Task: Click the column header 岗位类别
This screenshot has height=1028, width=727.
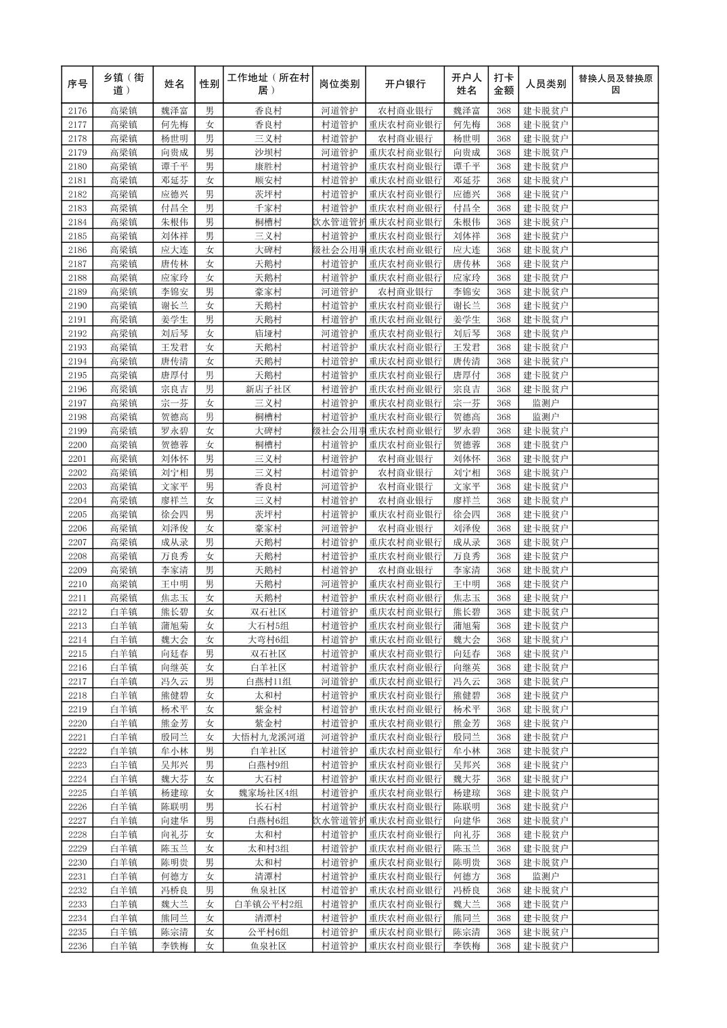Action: (x=339, y=85)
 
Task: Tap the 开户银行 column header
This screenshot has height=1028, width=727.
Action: (x=405, y=85)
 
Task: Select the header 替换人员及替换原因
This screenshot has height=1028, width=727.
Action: (x=615, y=85)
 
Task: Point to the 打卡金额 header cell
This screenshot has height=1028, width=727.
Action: (x=503, y=85)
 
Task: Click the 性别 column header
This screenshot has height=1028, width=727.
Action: (x=209, y=85)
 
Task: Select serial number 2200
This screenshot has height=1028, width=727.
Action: (x=78, y=445)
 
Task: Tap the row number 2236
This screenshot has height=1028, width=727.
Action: (x=78, y=946)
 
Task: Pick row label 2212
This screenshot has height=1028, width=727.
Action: (x=78, y=612)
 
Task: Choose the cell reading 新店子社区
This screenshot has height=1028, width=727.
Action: (x=268, y=390)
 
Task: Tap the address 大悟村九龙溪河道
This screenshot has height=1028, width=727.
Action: (x=268, y=737)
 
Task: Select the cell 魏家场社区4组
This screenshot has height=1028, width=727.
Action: (x=268, y=793)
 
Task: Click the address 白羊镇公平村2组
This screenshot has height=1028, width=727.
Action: (x=268, y=904)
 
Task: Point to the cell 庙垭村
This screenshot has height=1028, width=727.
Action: (x=268, y=333)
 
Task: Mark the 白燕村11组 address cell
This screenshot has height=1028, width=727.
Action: (x=268, y=682)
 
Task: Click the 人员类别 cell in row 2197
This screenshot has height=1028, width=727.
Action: (x=546, y=403)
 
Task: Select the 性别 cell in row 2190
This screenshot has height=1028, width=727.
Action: (x=209, y=306)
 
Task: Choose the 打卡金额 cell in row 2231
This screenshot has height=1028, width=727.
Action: (x=503, y=877)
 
